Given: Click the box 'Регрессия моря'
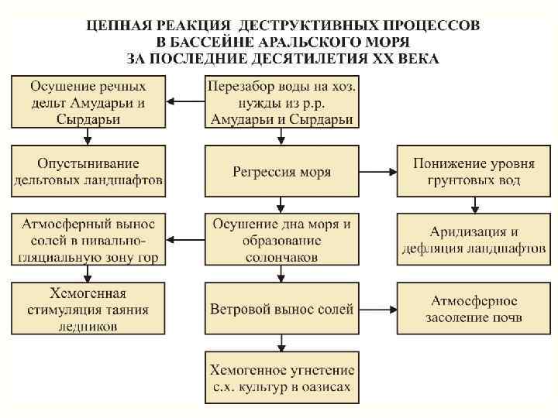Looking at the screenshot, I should [282, 171].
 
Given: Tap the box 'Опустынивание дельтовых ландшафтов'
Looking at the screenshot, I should [88, 171].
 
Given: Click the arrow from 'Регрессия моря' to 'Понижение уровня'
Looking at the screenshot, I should [377, 171].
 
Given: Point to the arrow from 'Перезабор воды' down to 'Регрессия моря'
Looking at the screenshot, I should [282, 137].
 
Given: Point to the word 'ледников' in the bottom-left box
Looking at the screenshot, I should [88, 326].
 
